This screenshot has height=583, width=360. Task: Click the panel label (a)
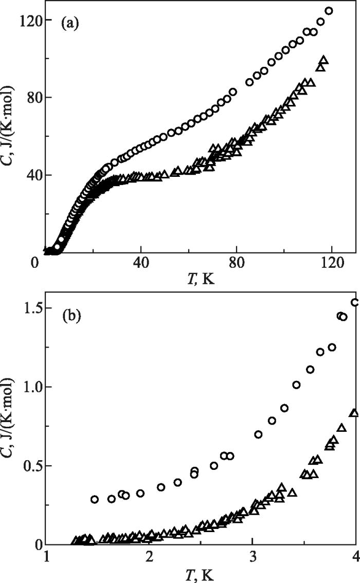pos(69,23)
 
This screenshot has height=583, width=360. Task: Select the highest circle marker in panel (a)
pos(329,11)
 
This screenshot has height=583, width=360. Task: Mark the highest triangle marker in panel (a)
pos(323,60)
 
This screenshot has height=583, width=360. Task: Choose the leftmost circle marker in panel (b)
pos(95,499)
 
